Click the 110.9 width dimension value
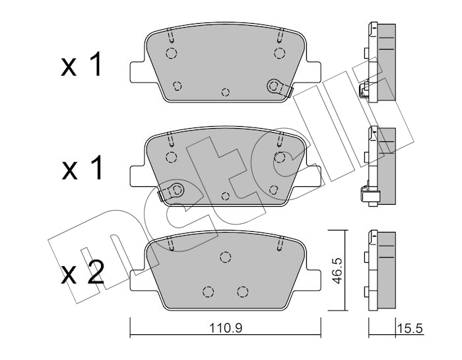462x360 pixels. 226,327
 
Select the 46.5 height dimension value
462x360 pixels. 337,270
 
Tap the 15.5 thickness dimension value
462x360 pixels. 410,328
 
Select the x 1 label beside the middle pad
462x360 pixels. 82,168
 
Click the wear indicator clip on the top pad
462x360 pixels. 279,88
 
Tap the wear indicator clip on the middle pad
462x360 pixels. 171,191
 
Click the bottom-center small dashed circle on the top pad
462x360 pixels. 226,92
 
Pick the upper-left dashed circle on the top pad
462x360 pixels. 171,54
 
